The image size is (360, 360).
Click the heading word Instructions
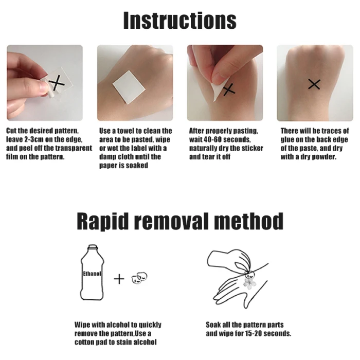(180, 20)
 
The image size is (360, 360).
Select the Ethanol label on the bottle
(92, 274)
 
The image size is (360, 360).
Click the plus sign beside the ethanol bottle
(119, 279)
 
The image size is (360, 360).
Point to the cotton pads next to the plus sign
(139, 278)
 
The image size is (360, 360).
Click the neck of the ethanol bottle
(93, 247)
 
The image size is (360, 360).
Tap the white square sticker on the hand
(129, 87)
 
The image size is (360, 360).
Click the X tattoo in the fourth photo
(314, 84)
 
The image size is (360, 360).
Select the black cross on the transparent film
(57, 83)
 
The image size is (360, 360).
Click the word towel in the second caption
(125, 131)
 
